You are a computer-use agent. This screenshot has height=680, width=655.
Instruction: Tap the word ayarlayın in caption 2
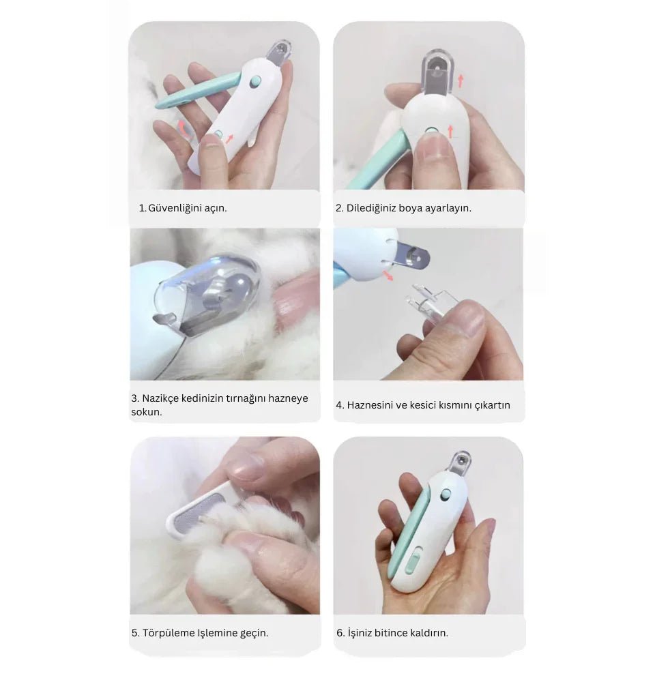click(448, 208)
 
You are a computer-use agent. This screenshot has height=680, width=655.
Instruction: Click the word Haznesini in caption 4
click(370, 405)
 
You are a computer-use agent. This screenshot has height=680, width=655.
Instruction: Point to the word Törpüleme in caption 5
click(169, 633)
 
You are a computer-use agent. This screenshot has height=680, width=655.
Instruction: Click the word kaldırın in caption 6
click(428, 633)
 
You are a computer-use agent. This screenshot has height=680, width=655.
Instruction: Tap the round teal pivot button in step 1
click(256, 80)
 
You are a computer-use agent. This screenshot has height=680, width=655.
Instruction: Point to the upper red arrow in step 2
click(461, 81)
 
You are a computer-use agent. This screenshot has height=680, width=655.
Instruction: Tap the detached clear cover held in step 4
click(427, 304)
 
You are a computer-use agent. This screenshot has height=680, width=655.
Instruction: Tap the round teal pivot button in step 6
click(446, 494)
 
